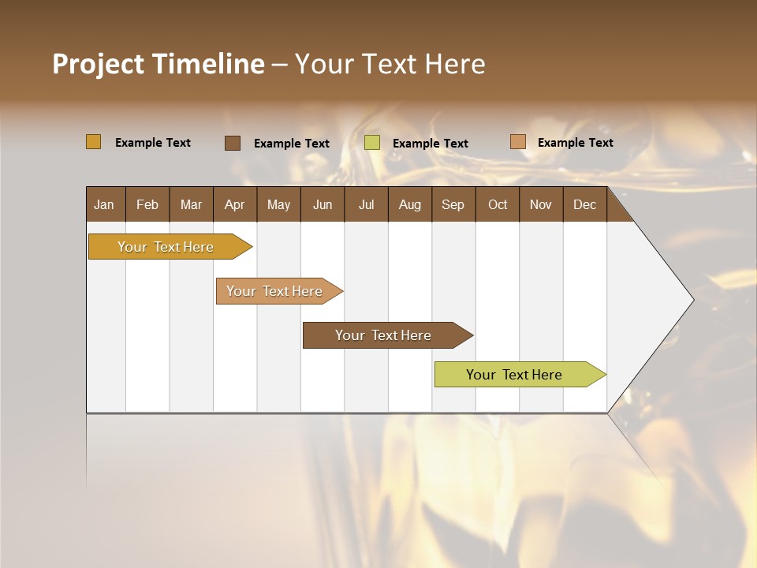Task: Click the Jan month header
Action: coord(104,204)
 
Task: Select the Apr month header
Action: coord(234,204)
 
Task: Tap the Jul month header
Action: coord(366,204)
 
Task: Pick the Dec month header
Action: coord(584,204)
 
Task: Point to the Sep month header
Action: coord(453,204)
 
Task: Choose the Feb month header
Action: coord(147,204)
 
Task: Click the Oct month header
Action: coord(498,204)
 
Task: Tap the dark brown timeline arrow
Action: coord(384,335)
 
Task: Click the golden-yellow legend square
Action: coord(93,142)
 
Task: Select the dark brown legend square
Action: coord(232,143)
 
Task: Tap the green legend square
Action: coord(372,143)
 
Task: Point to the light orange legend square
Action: coord(517,142)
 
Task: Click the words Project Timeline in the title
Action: coord(158,64)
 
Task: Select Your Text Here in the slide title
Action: coord(390,64)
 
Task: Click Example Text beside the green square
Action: coord(430,144)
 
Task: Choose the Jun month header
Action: coord(323,204)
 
